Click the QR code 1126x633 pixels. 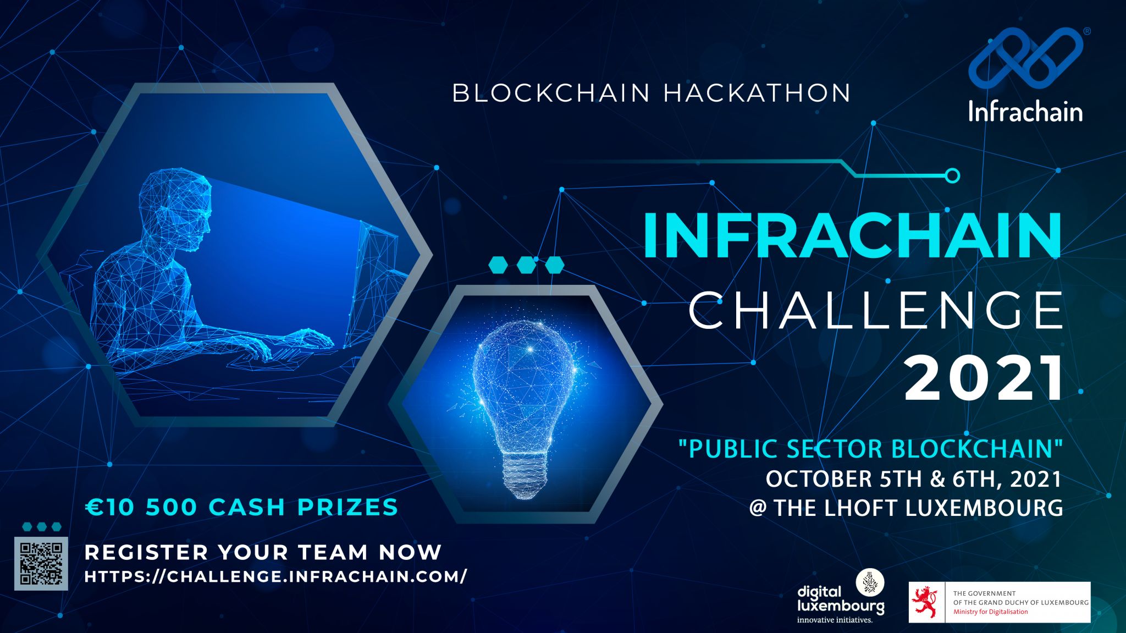41,563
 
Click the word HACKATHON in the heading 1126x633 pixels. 757,93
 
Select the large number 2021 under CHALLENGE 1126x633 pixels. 984,379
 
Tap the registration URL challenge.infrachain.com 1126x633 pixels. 276,576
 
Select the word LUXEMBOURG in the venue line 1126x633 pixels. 984,508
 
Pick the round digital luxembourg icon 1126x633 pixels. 870,583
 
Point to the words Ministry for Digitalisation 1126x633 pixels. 990,612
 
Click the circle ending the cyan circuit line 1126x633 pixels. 952,175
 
